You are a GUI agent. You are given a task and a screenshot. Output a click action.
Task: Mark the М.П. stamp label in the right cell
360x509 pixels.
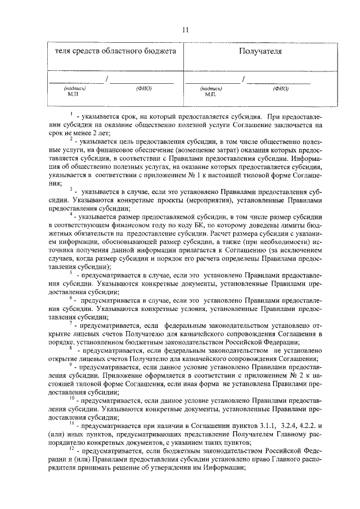point(211,94)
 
